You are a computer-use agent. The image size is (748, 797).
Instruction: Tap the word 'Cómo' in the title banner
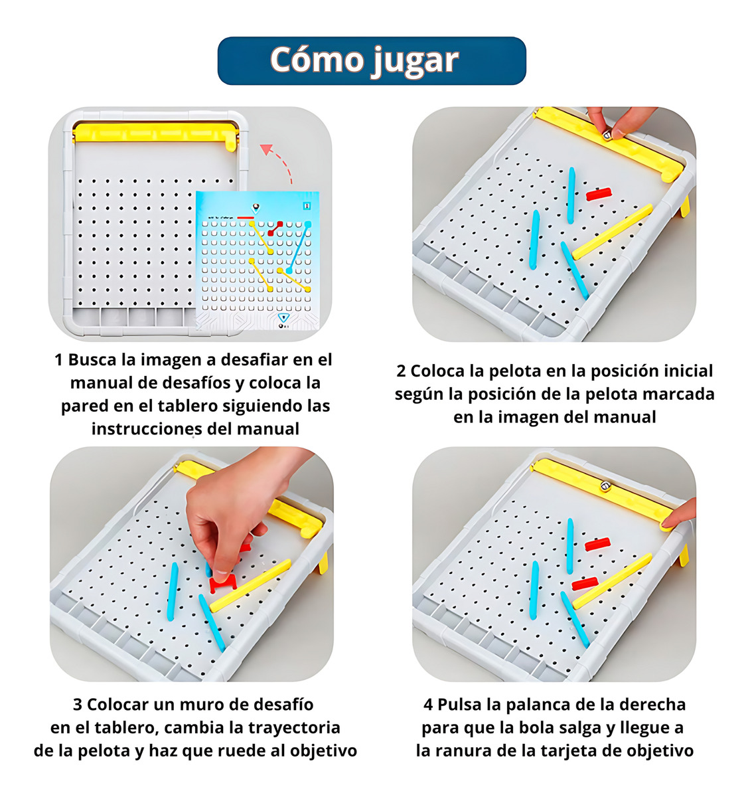(317, 59)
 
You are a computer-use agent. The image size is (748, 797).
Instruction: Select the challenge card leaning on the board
(258, 260)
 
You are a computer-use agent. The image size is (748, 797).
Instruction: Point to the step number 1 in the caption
(58, 360)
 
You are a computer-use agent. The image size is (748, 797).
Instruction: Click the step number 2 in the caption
(400, 371)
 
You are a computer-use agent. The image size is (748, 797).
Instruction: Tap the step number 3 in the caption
(78, 705)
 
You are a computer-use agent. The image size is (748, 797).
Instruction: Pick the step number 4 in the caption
(428, 705)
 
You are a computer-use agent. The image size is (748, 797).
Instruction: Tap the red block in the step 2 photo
(599, 194)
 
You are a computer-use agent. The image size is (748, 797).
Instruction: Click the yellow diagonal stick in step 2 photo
(612, 232)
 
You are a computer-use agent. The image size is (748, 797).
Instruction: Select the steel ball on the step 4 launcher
(605, 486)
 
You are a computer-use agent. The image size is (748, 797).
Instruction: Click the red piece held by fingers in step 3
(223, 582)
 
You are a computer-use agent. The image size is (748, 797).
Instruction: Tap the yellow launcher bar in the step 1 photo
(155, 135)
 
